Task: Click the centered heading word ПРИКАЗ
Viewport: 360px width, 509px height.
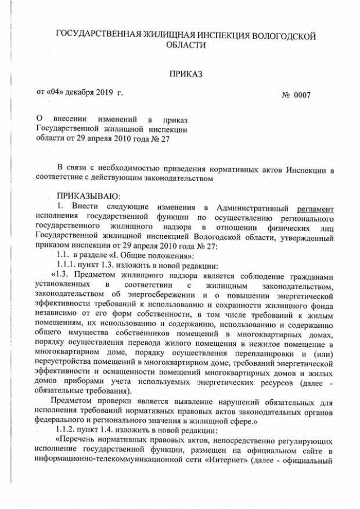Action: [185, 74]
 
